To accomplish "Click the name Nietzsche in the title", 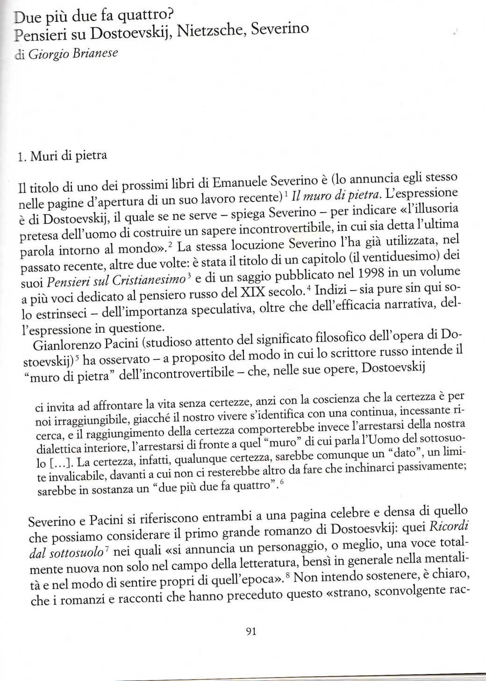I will click(211, 32).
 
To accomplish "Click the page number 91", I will click(250, 631).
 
